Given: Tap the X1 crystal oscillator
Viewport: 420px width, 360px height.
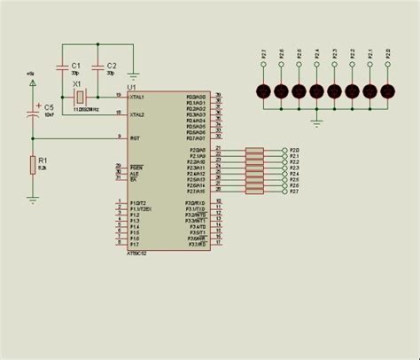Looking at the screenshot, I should [x=80, y=96].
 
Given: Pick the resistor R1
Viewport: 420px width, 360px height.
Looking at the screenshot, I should [x=33, y=164].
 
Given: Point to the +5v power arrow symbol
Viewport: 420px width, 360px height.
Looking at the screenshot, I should [x=33, y=84].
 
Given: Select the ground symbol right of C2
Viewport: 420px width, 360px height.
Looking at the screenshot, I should [x=133, y=74].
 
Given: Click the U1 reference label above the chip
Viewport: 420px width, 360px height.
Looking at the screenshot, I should [x=133, y=87].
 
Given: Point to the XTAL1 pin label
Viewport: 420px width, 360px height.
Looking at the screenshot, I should [x=136, y=96].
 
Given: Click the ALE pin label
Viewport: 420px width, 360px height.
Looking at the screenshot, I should [x=134, y=174].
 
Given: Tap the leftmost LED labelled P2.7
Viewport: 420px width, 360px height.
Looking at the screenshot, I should [x=263, y=91].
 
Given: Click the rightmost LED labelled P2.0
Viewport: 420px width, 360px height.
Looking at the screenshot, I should [x=387, y=91].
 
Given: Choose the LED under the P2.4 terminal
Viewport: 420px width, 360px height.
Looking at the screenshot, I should [x=316, y=91].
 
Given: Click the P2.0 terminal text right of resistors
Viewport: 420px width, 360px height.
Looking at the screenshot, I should [x=294, y=151].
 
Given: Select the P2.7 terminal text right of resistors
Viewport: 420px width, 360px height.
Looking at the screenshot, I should [x=294, y=191].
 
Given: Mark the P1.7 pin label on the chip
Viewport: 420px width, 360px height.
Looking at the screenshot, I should [x=135, y=246].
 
